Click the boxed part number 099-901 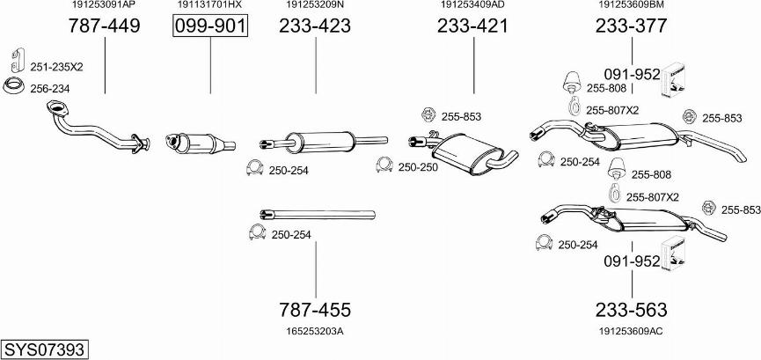click(210, 26)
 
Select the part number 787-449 click(104, 26)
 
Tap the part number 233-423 click(314, 26)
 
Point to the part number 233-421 click(472, 26)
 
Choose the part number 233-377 click(632, 26)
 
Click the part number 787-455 click(314, 310)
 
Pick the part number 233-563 click(632, 310)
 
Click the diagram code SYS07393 click(45, 349)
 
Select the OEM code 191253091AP click(104, 5)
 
